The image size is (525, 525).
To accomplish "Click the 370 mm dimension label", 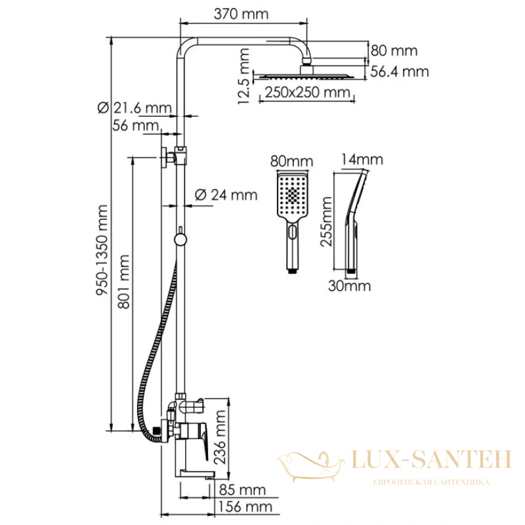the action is [241, 14].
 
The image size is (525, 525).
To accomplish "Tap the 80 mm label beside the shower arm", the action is [394, 51].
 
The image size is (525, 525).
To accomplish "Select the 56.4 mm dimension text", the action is [400, 72].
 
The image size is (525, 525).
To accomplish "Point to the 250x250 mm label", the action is [307, 92].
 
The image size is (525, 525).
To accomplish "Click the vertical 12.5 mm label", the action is [243, 76].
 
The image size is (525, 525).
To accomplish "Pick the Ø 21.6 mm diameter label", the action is [135, 108].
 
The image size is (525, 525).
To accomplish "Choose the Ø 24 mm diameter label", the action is [226, 195].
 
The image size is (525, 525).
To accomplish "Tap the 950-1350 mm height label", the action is [102, 250].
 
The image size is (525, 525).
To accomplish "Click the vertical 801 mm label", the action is [123, 282].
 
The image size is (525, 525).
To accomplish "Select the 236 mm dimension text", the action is [220, 437].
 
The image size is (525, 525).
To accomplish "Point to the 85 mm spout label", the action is [242, 490].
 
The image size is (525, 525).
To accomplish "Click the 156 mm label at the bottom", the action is [245, 507].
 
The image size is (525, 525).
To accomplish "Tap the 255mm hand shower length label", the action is [325, 222].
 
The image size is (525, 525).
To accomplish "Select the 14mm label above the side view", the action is [362, 159].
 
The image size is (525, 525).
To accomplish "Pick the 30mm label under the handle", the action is [350, 285].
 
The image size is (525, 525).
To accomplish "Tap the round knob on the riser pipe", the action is [180, 240].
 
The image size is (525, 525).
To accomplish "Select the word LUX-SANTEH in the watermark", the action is [431, 459].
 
